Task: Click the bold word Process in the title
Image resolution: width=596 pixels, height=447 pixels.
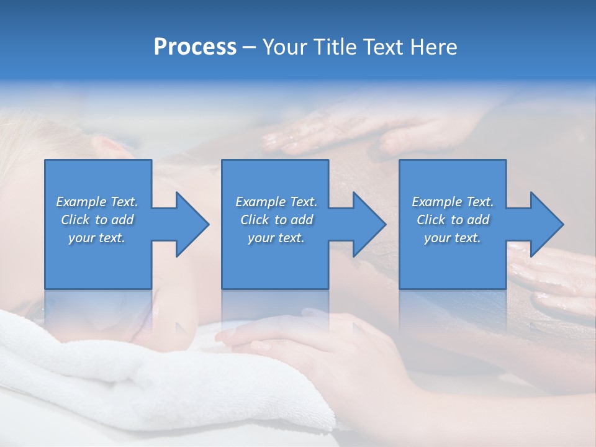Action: tap(195, 47)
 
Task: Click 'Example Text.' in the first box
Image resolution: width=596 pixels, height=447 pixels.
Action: tap(97, 202)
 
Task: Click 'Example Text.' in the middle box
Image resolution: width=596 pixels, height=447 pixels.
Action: tap(276, 202)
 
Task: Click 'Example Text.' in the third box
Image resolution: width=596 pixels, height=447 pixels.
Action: tap(453, 202)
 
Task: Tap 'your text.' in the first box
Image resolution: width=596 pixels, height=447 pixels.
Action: tap(97, 238)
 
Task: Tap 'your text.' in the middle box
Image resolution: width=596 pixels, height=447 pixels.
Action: tap(276, 238)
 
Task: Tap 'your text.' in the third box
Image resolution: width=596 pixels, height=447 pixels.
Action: tap(453, 238)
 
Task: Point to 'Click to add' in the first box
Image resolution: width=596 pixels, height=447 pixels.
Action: tap(97, 220)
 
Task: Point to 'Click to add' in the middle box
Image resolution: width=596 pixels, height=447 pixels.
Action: tap(276, 220)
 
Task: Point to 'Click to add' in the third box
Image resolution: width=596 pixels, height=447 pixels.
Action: tap(453, 220)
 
